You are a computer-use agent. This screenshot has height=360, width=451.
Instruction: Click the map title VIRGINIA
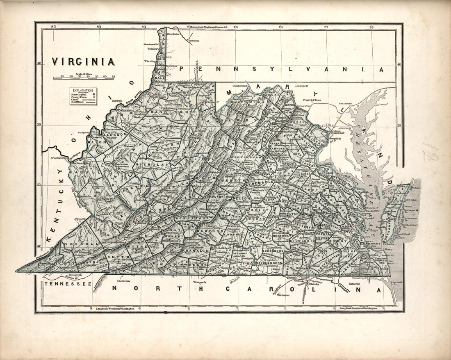[x=82, y=62]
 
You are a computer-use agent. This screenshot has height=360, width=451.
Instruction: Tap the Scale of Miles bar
[x=84, y=77]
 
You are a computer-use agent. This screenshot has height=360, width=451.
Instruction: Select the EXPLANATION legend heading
[x=83, y=90]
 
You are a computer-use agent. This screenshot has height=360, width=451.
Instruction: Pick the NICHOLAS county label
[x=155, y=164]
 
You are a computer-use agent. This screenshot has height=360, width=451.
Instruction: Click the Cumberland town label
[x=241, y=86]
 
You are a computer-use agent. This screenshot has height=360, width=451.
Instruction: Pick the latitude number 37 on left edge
[x=39, y=246]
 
